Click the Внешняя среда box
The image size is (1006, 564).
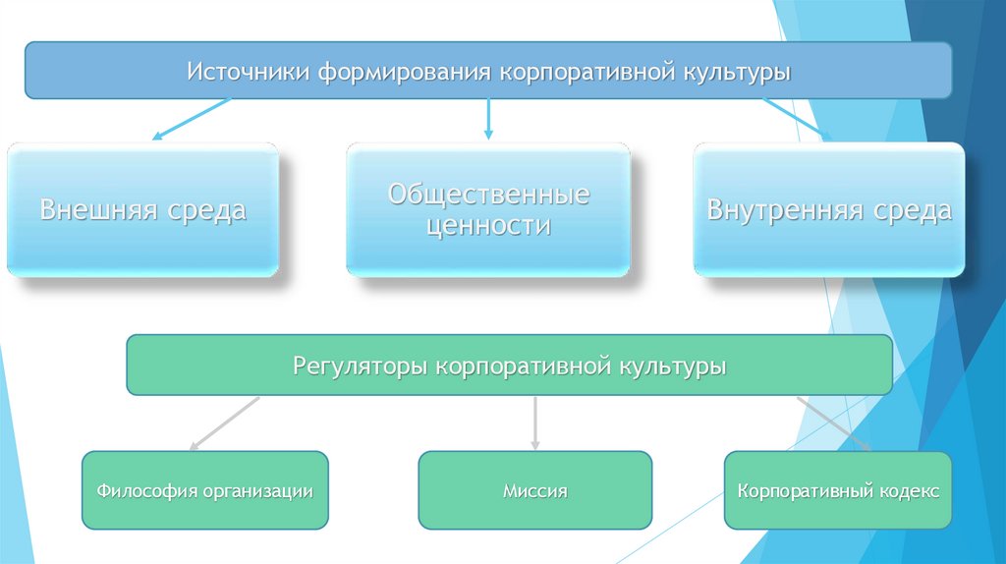pos(142,209)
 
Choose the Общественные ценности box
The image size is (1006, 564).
pos(488,209)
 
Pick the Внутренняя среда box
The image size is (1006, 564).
pos(829,209)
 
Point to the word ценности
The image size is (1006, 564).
pos(488,226)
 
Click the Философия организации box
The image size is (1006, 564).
pos(204,490)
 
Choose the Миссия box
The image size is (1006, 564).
pos(534,490)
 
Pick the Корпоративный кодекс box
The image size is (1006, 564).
pos(838,490)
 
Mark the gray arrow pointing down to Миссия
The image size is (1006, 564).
pos(535,423)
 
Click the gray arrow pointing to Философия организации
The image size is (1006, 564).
pos(224,423)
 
